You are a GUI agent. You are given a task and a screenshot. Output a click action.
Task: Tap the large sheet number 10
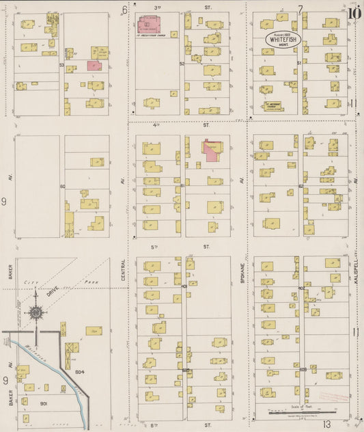[x=354, y=12]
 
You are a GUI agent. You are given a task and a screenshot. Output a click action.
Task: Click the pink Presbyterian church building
[x=149, y=25]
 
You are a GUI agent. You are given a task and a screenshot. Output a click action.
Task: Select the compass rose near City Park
[x=36, y=313]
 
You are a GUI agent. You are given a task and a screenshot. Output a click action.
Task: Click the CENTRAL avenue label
[x=124, y=269]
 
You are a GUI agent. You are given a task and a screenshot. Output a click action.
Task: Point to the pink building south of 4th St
[x=212, y=150]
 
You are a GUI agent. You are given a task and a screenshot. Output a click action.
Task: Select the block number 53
[x=61, y=64]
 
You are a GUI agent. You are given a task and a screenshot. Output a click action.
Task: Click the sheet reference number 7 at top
[x=300, y=9]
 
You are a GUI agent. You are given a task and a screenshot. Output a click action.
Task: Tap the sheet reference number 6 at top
[x=124, y=10]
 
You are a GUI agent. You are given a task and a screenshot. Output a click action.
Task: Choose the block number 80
[x=62, y=186]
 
